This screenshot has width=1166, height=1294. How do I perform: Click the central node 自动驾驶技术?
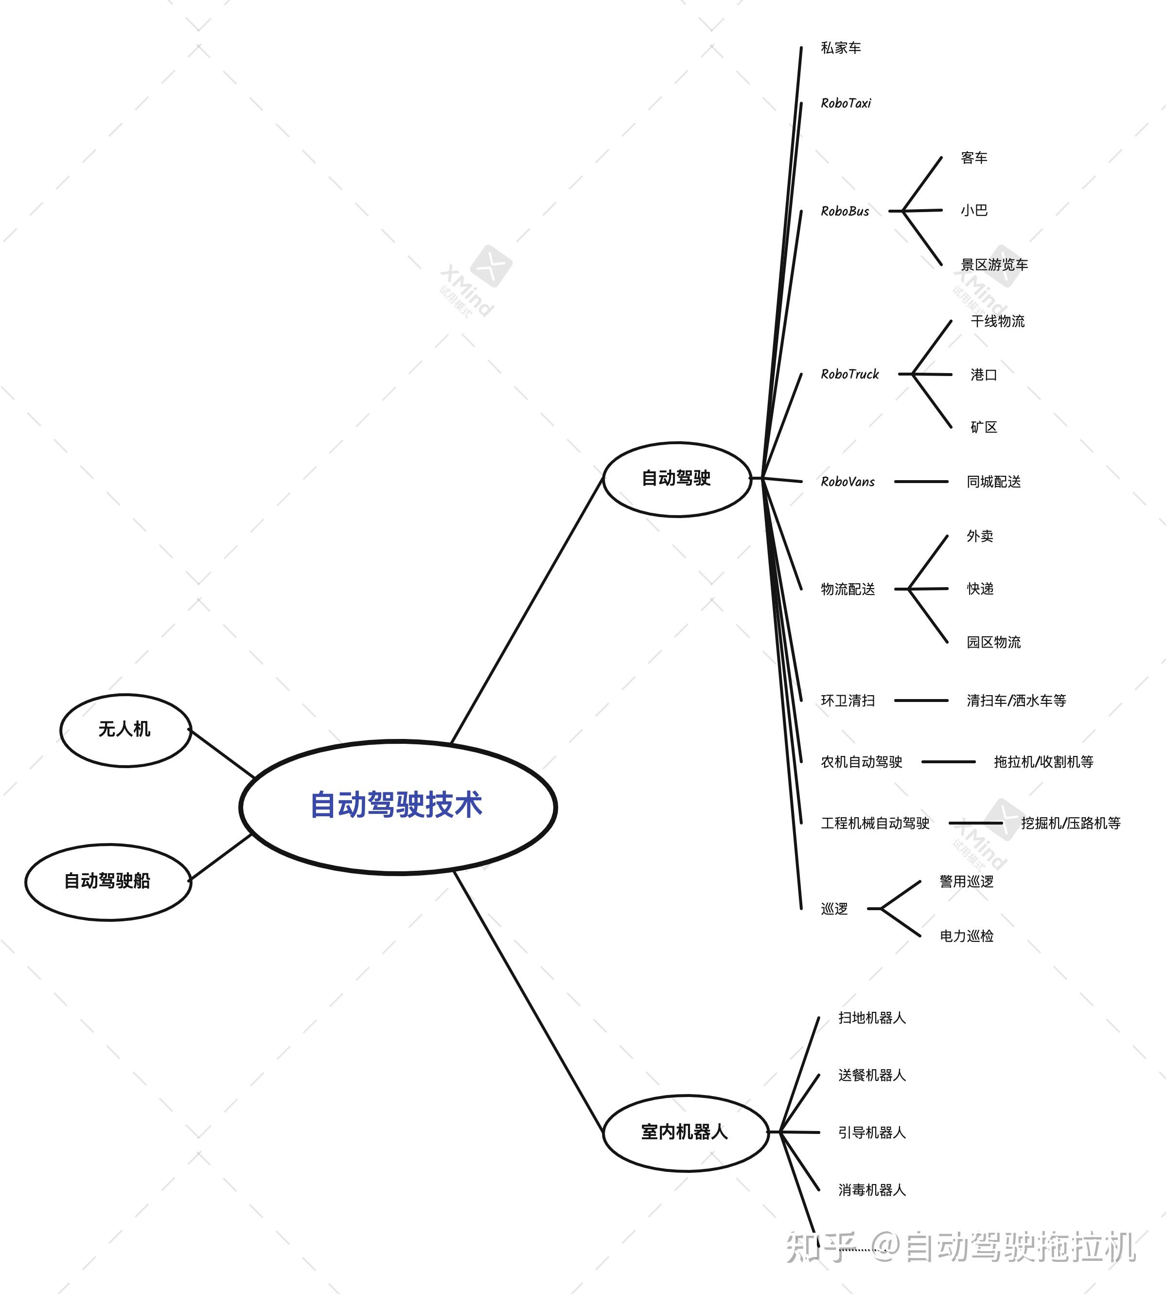click(397, 806)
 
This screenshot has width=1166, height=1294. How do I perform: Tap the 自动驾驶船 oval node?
click(107, 881)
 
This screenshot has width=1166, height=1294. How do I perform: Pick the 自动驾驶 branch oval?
click(676, 478)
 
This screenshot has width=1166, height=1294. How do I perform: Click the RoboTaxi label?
click(846, 103)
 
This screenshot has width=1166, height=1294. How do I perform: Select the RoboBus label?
click(845, 211)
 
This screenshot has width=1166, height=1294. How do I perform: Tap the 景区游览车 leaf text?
click(994, 265)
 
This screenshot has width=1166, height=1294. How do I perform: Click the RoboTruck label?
click(849, 374)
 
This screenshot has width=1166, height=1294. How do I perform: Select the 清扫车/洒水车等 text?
click(1016, 701)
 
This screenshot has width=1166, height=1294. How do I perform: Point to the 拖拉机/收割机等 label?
click(1043, 762)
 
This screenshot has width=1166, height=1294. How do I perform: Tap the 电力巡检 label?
click(966, 936)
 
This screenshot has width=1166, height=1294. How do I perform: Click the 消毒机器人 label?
click(871, 1190)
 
